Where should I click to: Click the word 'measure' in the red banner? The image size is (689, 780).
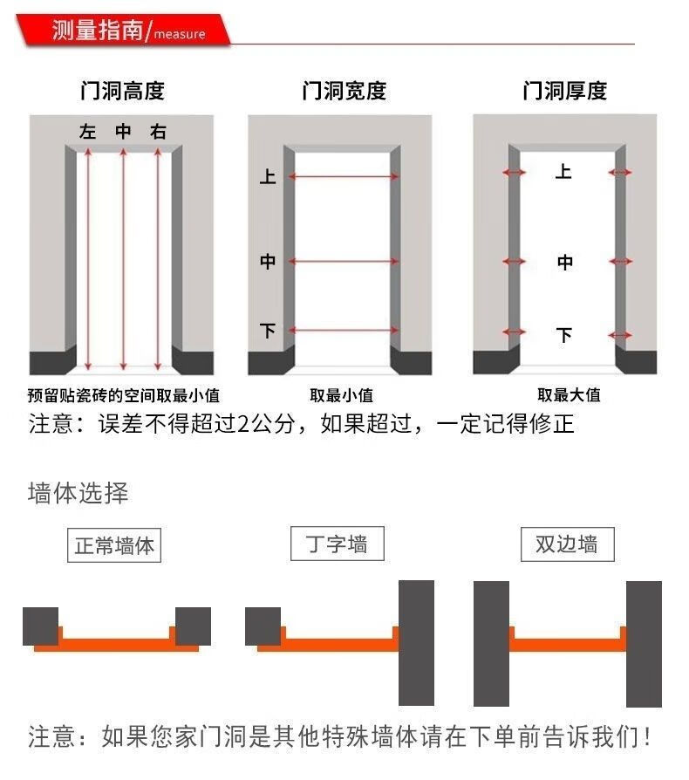[180, 34]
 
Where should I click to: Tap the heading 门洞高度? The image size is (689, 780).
[122, 91]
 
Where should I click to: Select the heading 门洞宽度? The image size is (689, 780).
[344, 91]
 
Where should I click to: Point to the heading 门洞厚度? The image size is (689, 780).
[565, 91]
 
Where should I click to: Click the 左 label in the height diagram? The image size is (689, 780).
[87, 132]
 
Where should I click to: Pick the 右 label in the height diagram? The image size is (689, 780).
[158, 132]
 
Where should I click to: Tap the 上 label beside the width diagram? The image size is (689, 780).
[268, 176]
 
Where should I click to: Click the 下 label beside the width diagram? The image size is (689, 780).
[268, 331]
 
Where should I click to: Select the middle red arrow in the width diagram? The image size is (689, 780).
[344, 261]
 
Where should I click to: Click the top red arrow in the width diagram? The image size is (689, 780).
[344, 176]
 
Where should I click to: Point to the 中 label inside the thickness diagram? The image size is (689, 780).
[565, 262]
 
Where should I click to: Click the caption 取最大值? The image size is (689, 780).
[570, 395]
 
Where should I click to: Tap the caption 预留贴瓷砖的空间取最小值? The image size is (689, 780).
[123, 395]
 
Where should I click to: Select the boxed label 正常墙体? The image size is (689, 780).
[114, 545]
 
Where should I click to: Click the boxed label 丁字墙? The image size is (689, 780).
[337, 544]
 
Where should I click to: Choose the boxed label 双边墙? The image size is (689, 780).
[567, 544]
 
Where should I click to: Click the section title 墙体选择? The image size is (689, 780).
[78, 494]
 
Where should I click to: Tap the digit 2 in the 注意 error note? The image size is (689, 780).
[243, 424]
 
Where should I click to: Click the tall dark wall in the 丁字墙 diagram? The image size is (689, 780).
[416, 643]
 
